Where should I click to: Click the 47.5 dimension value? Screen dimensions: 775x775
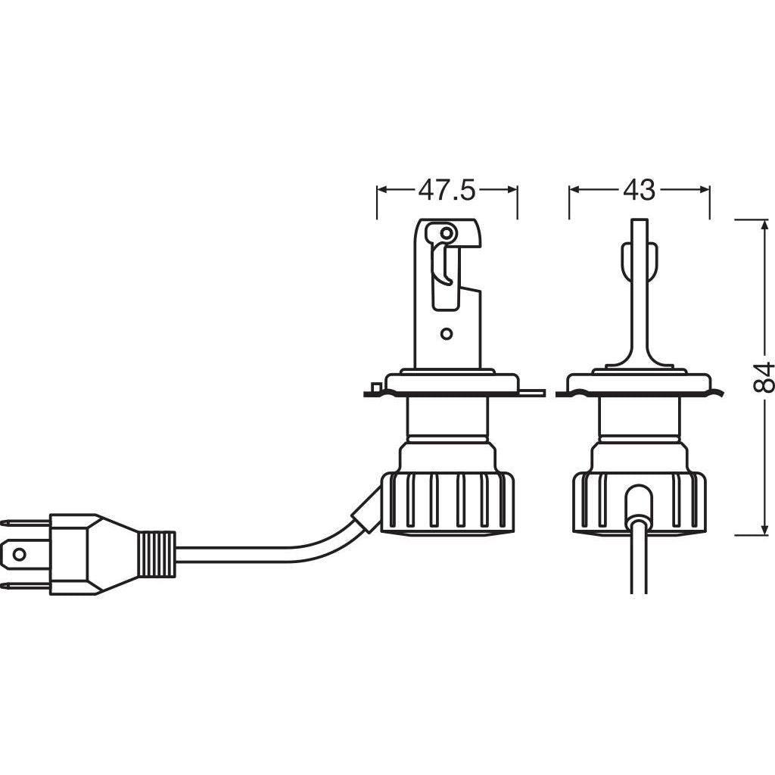[447, 190]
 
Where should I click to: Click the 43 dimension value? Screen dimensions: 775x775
[639, 190]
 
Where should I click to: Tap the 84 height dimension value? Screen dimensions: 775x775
[763, 378]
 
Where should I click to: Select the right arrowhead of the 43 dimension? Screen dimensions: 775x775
[704, 190]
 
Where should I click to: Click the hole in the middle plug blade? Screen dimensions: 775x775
[19, 554]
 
